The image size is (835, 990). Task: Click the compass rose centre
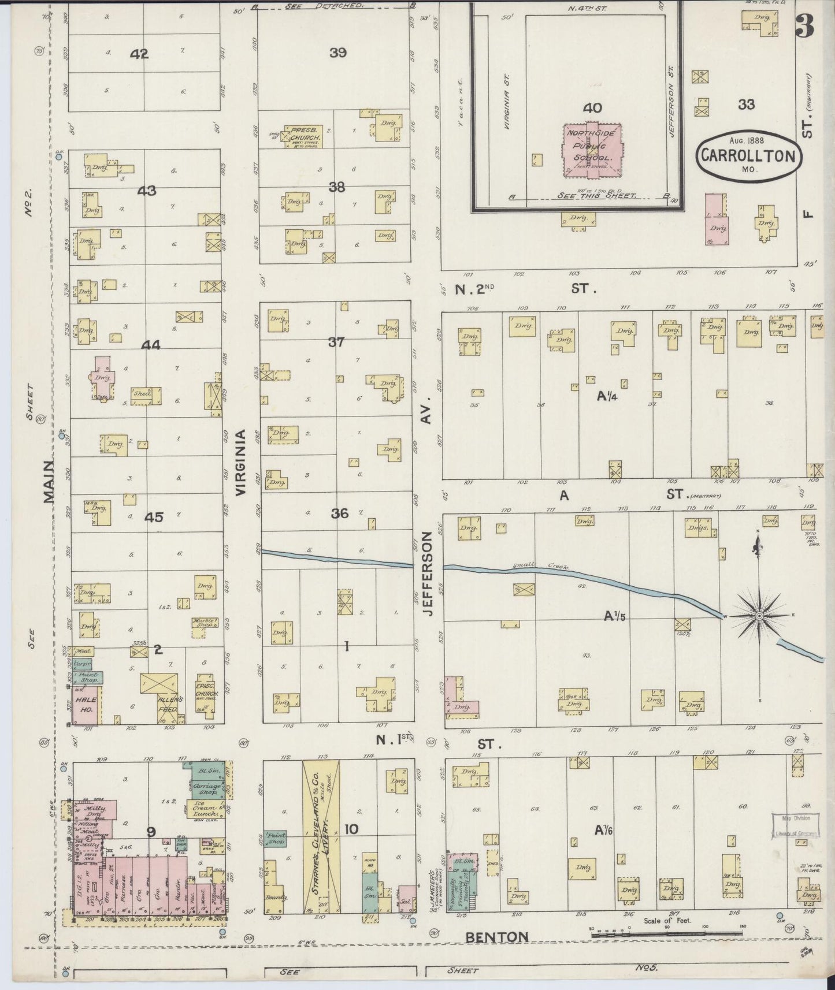(x=759, y=616)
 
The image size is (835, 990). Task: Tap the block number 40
(x=592, y=108)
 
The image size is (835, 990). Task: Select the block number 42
(x=139, y=54)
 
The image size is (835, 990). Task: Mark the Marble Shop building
(x=205, y=626)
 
